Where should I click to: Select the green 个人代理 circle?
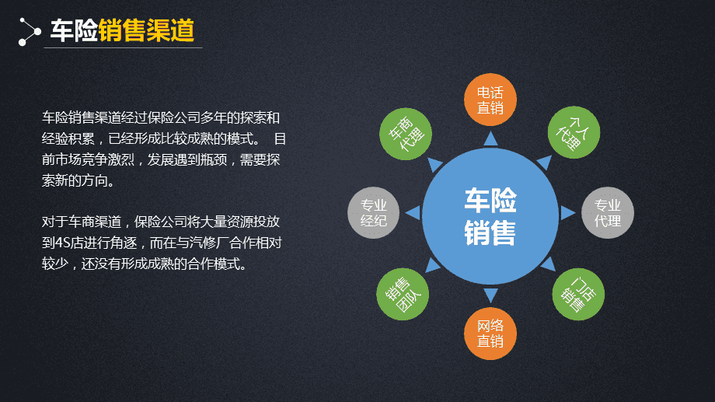coord(574,132)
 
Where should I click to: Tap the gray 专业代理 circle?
coord(608,213)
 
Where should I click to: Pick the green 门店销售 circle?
coord(577,294)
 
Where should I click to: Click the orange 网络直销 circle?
coord(490,334)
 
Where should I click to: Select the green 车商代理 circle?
coord(404,132)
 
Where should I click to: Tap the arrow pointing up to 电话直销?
coord(490,139)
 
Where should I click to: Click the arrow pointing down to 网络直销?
coord(490,295)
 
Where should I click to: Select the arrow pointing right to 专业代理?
coord(568,213)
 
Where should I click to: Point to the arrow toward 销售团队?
coord(433,266)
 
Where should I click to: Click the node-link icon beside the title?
coord(29,31)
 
